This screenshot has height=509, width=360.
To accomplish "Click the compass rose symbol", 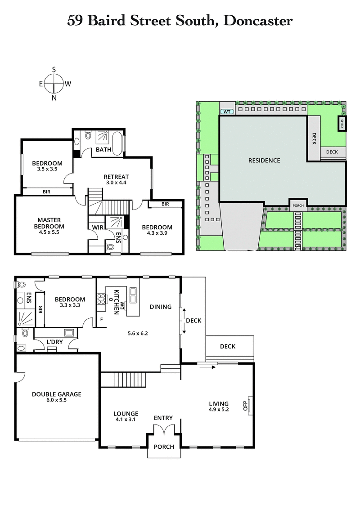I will pyautogui.click(x=54, y=84).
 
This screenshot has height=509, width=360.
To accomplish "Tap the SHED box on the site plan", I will pyautogui.click(x=342, y=124).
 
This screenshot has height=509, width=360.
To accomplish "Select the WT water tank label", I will pyautogui.click(x=226, y=111).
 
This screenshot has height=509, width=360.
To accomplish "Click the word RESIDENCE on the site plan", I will pyautogui.click(x=264, y=161).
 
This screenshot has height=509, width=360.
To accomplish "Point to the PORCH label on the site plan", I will pyautogui.click(x=298, y=206).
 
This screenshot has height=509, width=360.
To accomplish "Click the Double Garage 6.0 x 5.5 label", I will pyautogui.click(x=56, y=397).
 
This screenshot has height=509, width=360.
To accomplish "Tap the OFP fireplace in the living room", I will pyautogui.click(x=247, y=406).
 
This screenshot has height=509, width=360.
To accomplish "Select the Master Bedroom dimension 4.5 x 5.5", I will pyautogui.click(x=49, y=233).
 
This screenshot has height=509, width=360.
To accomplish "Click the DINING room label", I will pyautogui.click(x=161, y=307).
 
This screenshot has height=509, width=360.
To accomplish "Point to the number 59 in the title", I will pyautogui.click(x=75, y=20).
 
